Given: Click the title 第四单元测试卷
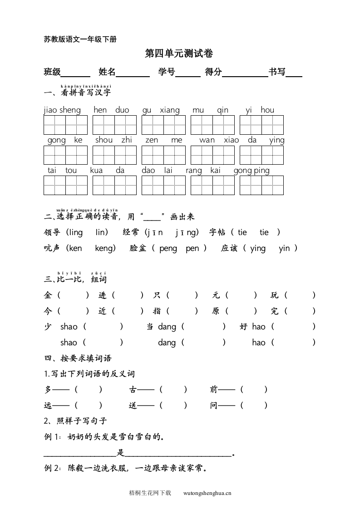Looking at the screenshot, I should point(179,54).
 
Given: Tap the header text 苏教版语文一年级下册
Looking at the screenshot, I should point(80,39).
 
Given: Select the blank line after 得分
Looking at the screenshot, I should point(245,73).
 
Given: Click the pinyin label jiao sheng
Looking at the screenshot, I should point(62,110).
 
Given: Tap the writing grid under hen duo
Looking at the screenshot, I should point(114,125).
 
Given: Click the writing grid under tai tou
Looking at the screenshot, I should point(65,185).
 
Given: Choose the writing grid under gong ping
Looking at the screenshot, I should point(261,185).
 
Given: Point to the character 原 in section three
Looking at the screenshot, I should point(216,311).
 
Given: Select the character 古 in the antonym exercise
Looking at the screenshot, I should point(133,389).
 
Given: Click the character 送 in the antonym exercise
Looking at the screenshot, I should point(133,406).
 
